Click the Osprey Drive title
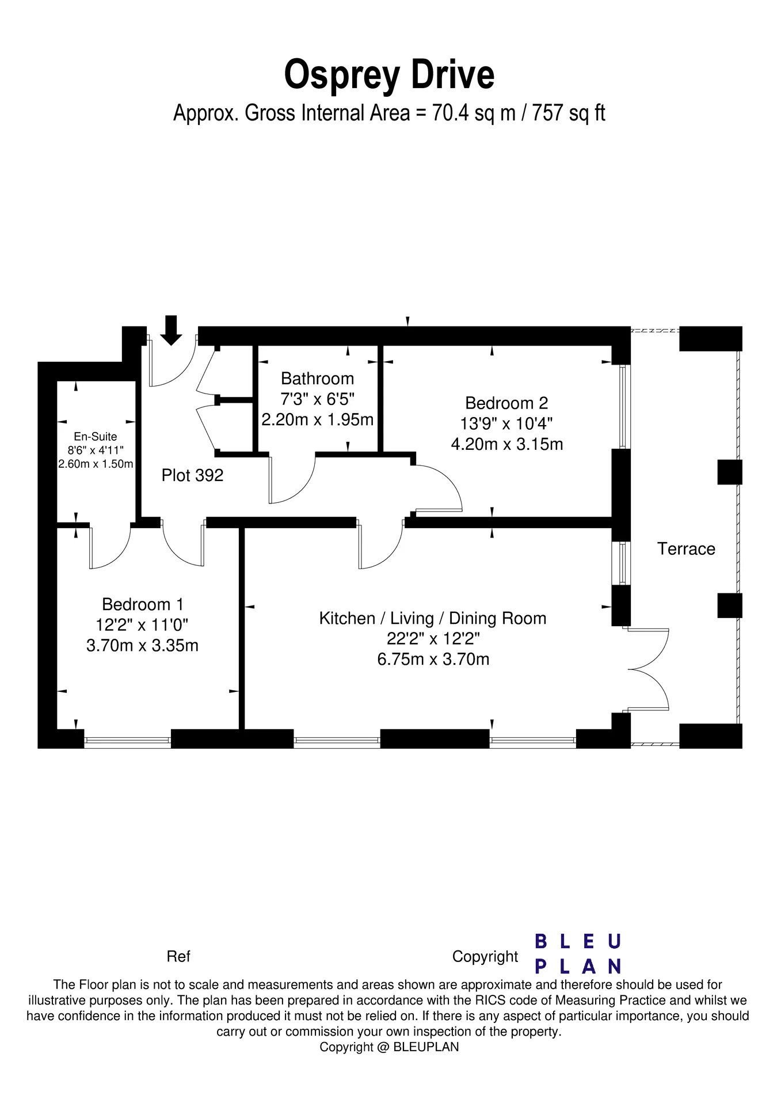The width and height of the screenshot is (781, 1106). (390, 75)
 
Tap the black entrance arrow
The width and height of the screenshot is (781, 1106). (171, 330)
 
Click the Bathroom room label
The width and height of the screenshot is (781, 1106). (317, 378)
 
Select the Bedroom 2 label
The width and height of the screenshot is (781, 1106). (506, 403)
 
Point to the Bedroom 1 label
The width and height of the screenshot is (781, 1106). (143, 604)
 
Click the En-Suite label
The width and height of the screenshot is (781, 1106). (96, 437)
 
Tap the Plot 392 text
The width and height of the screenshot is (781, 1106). (192, 475)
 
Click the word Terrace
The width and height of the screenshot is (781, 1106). (686, 549)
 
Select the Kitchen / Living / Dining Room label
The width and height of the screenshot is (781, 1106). (433, 619)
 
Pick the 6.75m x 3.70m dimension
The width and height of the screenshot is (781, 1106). (433, 659)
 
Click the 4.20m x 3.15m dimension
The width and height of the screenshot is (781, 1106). (506, 444)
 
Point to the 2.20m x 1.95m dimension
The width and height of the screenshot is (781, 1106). (317, 419)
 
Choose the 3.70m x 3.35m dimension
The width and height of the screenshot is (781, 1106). (143, 645)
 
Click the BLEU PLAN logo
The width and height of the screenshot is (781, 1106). (578, 954)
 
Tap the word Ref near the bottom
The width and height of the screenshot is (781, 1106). (178, 956)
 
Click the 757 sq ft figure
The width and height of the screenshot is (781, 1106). (569, 113)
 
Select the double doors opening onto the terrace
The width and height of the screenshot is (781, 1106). (649, 669)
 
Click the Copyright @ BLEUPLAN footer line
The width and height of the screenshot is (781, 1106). (390, 1047)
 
